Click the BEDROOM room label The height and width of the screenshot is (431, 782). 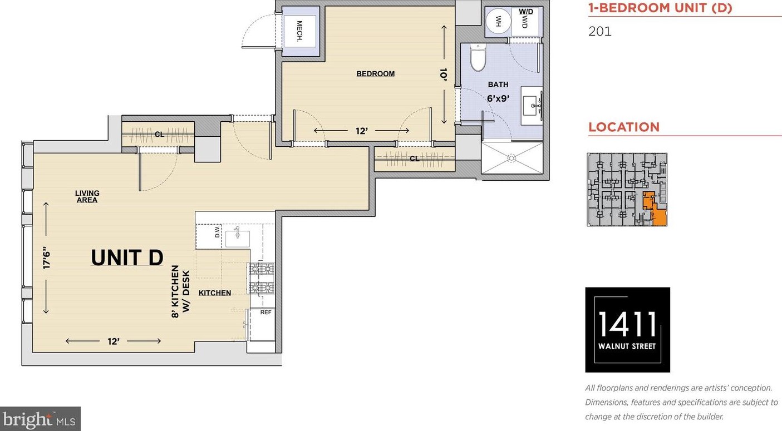coord(375,74)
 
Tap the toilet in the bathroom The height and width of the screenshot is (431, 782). coord(478,57)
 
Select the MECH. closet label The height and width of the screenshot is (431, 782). coord(299,31)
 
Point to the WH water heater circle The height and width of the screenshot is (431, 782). coord(499,21)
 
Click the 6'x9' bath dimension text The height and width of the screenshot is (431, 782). coord(498,98)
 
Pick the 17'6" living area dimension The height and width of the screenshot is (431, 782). coord(46,258)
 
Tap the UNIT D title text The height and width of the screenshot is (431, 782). coord(127,257)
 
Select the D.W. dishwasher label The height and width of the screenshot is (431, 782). coord(217,231)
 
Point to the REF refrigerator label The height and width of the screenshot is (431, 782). coord(265,313)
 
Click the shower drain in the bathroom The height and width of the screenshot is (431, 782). coord(512,158)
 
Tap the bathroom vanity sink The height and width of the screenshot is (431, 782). coord(532,105)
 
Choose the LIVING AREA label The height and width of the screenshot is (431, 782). coord(87,197)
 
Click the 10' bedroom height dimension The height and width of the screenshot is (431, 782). coord(444,75)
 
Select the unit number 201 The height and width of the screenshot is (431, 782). coord(600,31)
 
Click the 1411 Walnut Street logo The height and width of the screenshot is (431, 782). coord(627,330)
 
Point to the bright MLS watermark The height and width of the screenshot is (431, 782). coord(40,419)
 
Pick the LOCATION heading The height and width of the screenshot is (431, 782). coord(624,127)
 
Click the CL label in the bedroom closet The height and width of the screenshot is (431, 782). coord(415,159)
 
